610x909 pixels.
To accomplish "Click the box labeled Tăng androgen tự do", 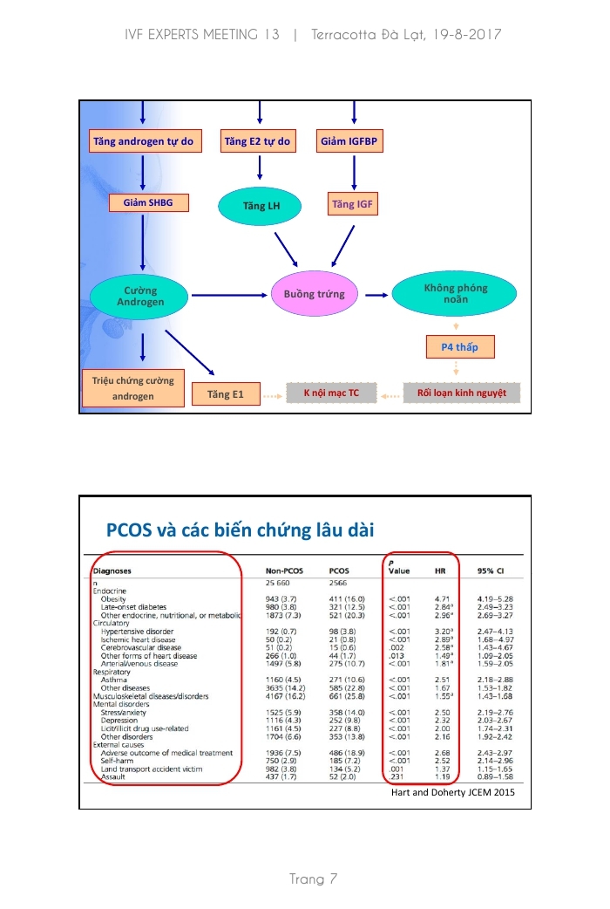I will [144, 140].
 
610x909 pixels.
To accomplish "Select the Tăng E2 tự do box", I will [257, 140].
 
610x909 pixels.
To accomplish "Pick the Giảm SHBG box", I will [148, 203].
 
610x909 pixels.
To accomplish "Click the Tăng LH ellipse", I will [260, 205].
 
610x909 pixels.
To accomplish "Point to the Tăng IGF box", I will [353, 205].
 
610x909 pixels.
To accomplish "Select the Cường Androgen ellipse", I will [140, 295].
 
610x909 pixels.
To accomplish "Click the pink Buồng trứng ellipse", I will [314, 295].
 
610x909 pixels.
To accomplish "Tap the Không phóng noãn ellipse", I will [455, 294].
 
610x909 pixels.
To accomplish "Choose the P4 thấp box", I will [464, 347].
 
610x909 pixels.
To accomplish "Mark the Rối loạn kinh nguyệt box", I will [462, 393].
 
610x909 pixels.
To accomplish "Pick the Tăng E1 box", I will [226, 394].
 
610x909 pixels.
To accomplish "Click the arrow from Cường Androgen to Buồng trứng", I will [228, 295].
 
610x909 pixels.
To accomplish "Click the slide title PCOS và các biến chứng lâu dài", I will [240, 530].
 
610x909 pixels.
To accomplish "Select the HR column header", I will [440, 571].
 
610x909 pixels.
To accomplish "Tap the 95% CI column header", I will [491, 571].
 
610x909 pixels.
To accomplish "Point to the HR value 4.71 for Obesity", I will [441, 599].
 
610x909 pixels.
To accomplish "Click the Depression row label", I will [119, 721].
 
